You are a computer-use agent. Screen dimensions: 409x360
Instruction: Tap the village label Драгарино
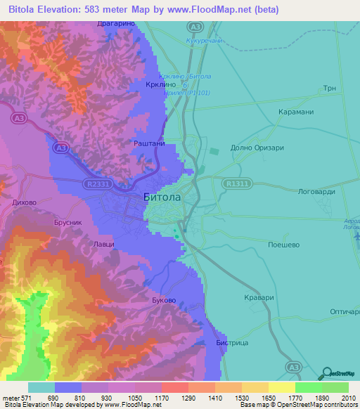pyautogui.click(x=115, y=24)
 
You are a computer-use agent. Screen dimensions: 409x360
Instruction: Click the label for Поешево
pyautogui.click(x=285, y=245)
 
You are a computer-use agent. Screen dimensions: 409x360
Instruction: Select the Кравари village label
pyautogui.click(x=257, y=297)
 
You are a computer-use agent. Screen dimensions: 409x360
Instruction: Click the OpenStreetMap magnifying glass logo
pyautogui.click(x=326, y=372)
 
